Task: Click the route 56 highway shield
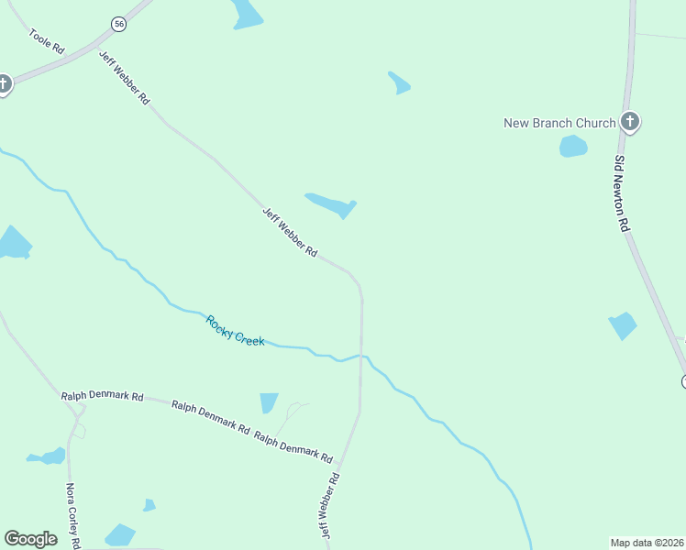tap(119, 24)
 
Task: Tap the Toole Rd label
tap(46, 41)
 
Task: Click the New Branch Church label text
tap(560, 123)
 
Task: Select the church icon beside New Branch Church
tap(629, 122)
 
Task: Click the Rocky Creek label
tap(235, 330)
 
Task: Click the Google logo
tap(30, 539)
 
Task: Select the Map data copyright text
tap(647, 542)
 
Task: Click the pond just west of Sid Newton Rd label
tap(623, 325)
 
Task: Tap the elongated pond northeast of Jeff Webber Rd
tap(331, 204)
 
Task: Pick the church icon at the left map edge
tap(4, 85)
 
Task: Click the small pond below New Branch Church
tap(573, 146)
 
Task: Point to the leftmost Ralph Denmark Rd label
tap(103, 396)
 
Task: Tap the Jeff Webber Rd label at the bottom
tap(330, 506)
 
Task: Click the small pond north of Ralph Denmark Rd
tap(269, 403)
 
